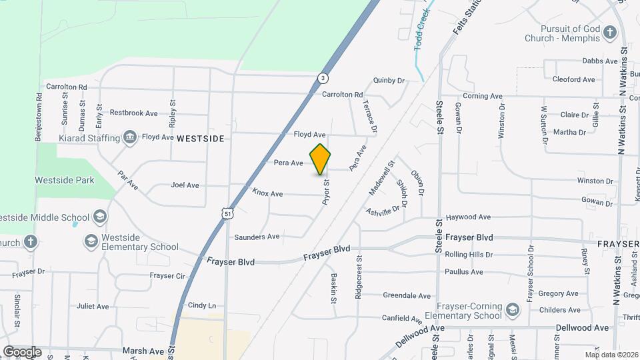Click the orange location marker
320,159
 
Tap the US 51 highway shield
228,213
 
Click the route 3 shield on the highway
323,77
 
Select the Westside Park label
65,180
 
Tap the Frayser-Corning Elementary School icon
512,309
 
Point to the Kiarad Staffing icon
130,137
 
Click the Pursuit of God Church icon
609,32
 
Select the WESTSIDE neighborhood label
201,139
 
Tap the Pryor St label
327,191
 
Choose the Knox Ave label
267,193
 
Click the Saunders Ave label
257,237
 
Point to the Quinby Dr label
389,81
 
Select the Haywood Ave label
468,217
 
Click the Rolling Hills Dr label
469,255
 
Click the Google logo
22,351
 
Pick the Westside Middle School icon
99,217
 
